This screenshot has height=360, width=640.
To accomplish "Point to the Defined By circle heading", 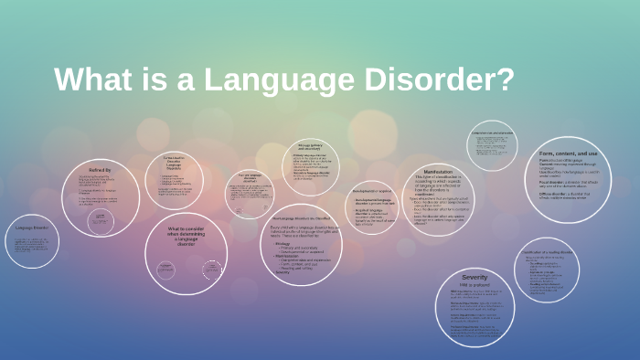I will click(101, 170).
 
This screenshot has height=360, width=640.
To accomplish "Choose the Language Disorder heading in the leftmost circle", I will click(30, 228).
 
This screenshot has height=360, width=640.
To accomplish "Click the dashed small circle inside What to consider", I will click(212, 270).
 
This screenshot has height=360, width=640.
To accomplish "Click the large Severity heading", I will click(475, 277).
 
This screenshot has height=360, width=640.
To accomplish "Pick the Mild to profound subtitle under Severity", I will click(475, 285).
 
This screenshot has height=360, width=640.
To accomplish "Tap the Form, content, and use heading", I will click(568, 153).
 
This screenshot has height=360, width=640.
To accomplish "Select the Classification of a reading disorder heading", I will click(547, 250).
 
